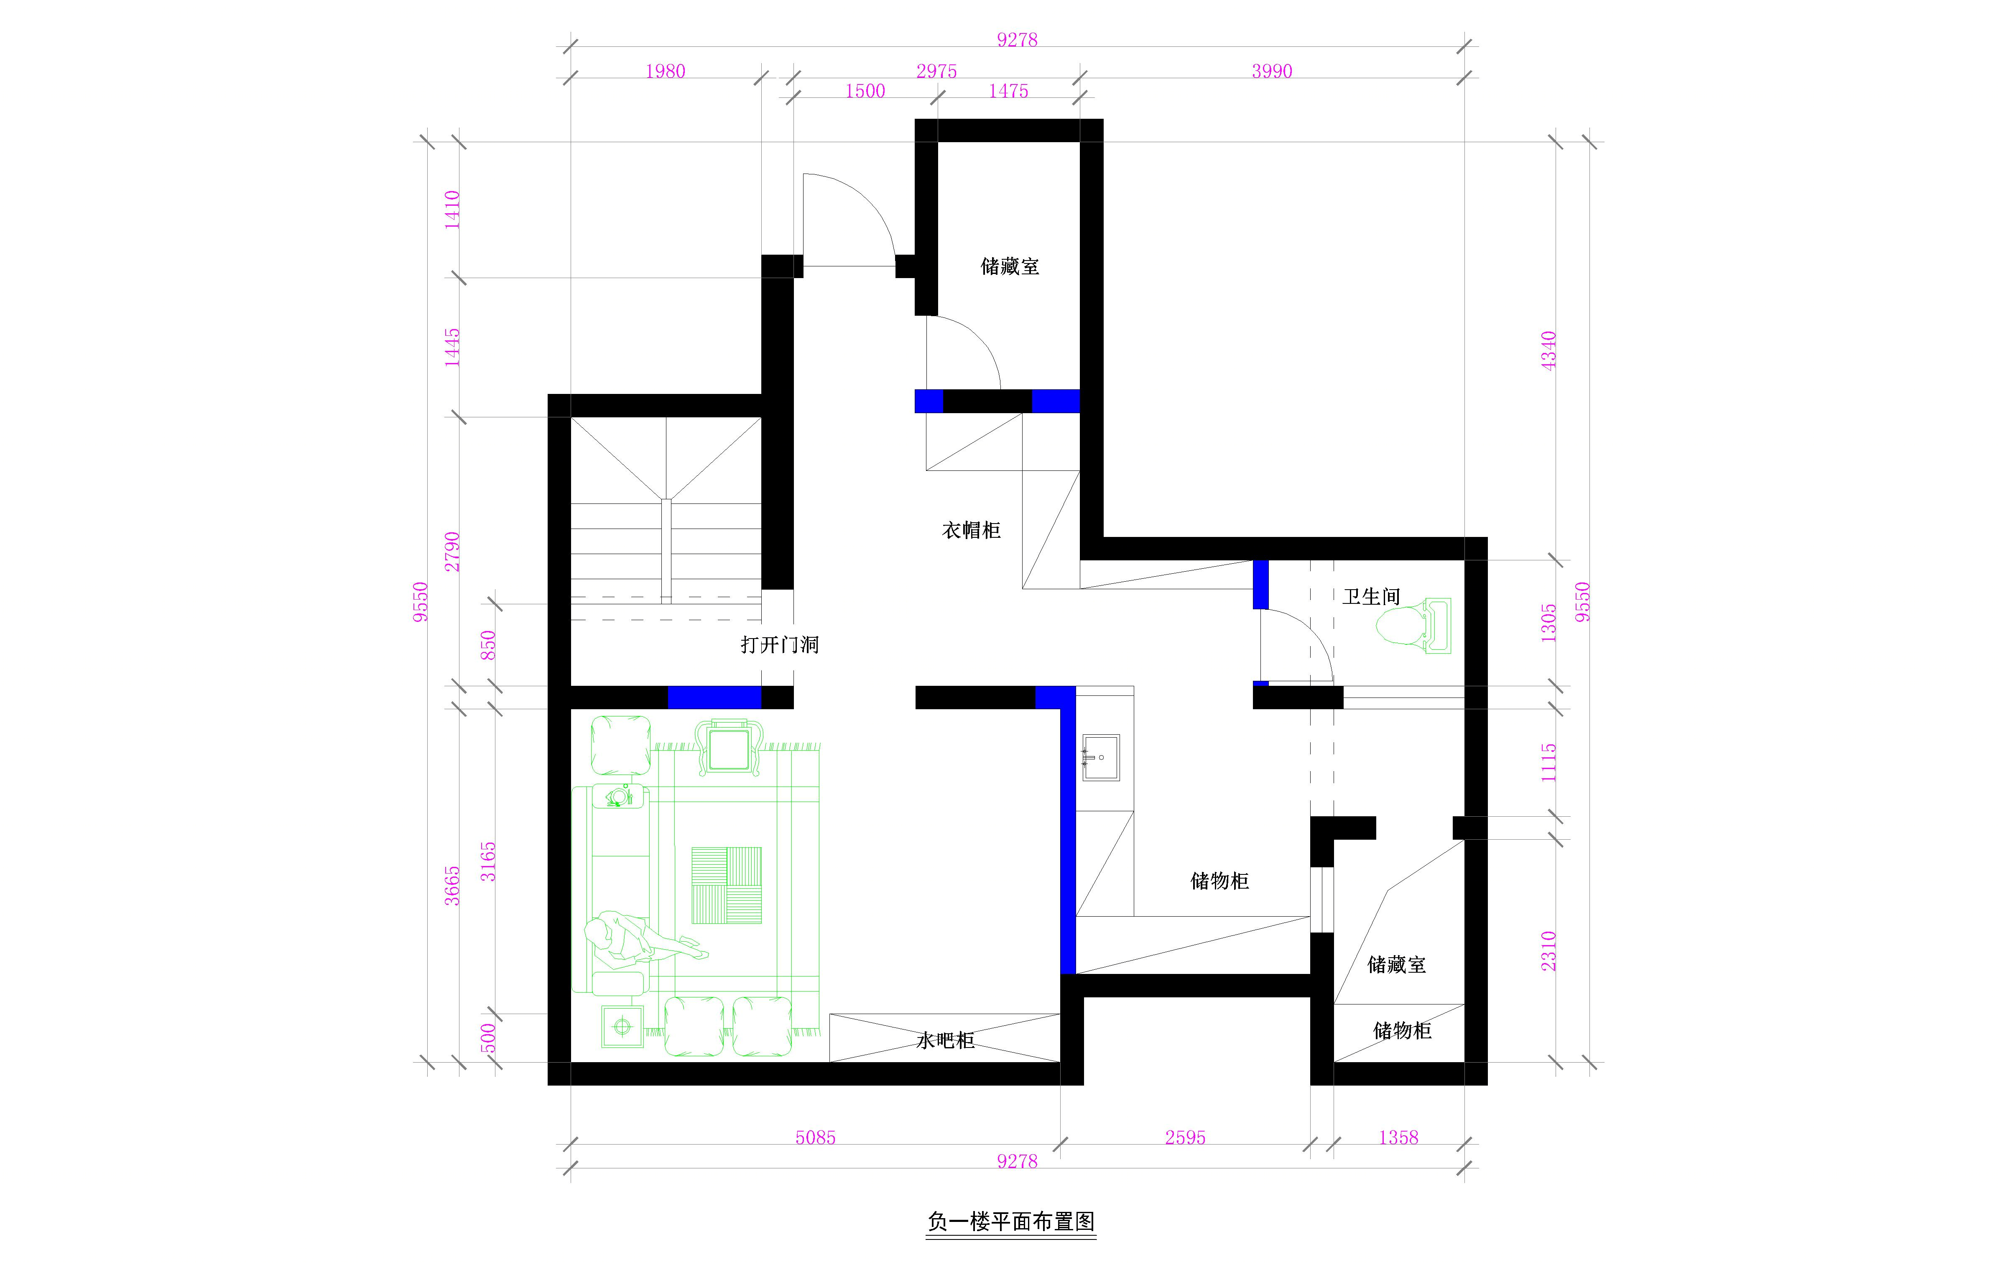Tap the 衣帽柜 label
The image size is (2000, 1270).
click(x=971, y=530)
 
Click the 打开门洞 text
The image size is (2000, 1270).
click(x=779, y=644)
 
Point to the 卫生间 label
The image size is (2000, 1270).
click(x=1371, y=596)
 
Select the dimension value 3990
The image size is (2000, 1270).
click(x=1272, y=72)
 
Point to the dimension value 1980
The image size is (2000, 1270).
click(x=665, y=72)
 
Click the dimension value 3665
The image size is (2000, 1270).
click(x=451, y=885)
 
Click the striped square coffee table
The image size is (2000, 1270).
click(x=727, y=885)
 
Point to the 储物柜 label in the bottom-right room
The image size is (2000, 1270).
click(x=1402, y=1031)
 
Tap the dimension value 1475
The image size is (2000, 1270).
click(x=1008, y=91)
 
